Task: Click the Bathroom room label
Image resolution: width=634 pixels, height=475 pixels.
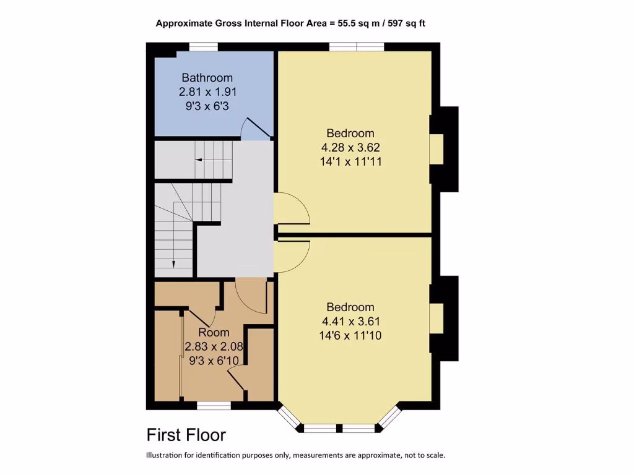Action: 207,78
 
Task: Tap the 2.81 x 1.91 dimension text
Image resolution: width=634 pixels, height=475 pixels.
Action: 208,92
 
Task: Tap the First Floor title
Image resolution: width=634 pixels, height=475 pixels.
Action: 186,435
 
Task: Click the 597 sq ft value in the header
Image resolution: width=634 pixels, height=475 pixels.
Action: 403,24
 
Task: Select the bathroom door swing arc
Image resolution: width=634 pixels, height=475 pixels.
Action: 254,127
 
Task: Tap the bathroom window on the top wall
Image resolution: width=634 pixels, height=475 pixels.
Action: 203,46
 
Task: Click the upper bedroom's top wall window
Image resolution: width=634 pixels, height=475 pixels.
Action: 356,46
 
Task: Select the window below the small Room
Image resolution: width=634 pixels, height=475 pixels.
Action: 214,405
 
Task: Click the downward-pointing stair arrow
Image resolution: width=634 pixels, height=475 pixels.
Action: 173,263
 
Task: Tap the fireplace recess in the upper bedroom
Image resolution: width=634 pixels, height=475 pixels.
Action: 437,149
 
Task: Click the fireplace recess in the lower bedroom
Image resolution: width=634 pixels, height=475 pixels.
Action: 437,319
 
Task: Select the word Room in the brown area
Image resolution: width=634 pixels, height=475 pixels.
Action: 214,333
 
